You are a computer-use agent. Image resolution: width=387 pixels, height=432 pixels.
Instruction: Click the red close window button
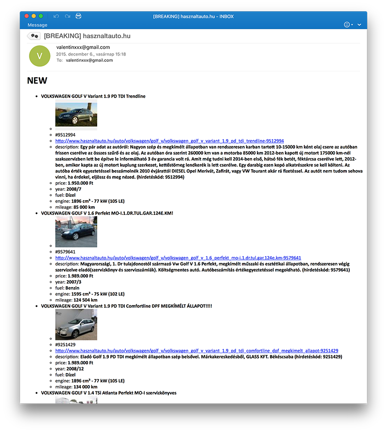click(x=27, y=16)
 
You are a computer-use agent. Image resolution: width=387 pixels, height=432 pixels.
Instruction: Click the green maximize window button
click(x=41, y=16)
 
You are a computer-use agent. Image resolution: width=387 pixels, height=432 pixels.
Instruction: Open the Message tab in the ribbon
click(x=37, y=25)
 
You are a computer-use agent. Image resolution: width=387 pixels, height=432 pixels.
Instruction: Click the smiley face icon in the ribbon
click(x=346, y=25)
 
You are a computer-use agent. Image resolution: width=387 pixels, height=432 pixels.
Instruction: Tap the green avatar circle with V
click(x=40, y=56)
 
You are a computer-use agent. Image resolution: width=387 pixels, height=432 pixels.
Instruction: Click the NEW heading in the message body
click(x=37, y=81)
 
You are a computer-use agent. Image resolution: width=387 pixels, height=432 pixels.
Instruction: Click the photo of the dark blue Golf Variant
click(x=76, y=115)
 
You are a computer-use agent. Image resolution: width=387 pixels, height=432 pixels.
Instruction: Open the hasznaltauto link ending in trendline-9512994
click(x=169, y=141)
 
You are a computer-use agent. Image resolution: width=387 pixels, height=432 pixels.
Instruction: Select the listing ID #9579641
click(x=65, y=252)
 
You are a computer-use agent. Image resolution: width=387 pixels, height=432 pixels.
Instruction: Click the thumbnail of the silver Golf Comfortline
click(x=76, y=325)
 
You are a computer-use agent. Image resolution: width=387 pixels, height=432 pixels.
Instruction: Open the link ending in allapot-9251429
click(x=196, y=351)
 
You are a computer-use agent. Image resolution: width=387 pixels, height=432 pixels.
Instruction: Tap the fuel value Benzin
click(x=73, y=288)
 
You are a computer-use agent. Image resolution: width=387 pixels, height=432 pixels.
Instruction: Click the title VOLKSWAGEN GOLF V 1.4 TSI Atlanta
click(x=108, y=393)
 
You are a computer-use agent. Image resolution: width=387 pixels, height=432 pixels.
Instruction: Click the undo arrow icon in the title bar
click(x=56, y=16)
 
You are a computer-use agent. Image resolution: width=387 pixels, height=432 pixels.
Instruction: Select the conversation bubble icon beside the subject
click(x=33, y=36)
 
